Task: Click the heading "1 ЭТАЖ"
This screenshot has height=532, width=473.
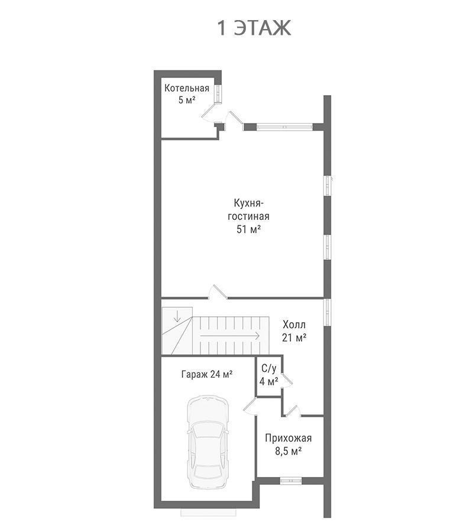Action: [x=254, y=28]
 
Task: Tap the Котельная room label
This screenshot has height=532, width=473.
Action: [x=187, y=88]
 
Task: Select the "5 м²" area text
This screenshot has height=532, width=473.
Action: [x=187, y=100]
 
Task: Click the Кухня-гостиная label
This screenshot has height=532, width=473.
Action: [x=248, y=210]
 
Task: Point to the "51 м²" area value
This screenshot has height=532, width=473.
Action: [x=248, y=229]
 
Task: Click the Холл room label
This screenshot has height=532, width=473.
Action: [x=294, y=325]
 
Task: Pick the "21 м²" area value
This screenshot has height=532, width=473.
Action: [x=294, y=338]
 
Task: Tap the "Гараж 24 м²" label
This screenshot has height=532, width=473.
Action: [x=207, y=375]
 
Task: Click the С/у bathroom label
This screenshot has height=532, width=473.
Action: [x=269, y=368]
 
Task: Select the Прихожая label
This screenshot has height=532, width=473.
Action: [x=289, y=439]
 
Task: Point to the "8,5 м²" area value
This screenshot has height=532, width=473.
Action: [x=289, y=452]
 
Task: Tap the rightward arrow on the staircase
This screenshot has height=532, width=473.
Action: [x=230, y=336]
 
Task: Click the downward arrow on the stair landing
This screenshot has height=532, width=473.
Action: [x=177, y=315]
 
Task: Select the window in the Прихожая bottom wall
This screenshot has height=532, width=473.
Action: [x=290, y=481]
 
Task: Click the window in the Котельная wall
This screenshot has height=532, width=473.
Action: [x=218, y=93]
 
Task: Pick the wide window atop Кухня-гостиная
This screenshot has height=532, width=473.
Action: [x=284, y=127]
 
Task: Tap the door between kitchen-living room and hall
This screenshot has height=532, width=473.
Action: [x=218, y=293]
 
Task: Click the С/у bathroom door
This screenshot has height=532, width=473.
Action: [x=286, y=381]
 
